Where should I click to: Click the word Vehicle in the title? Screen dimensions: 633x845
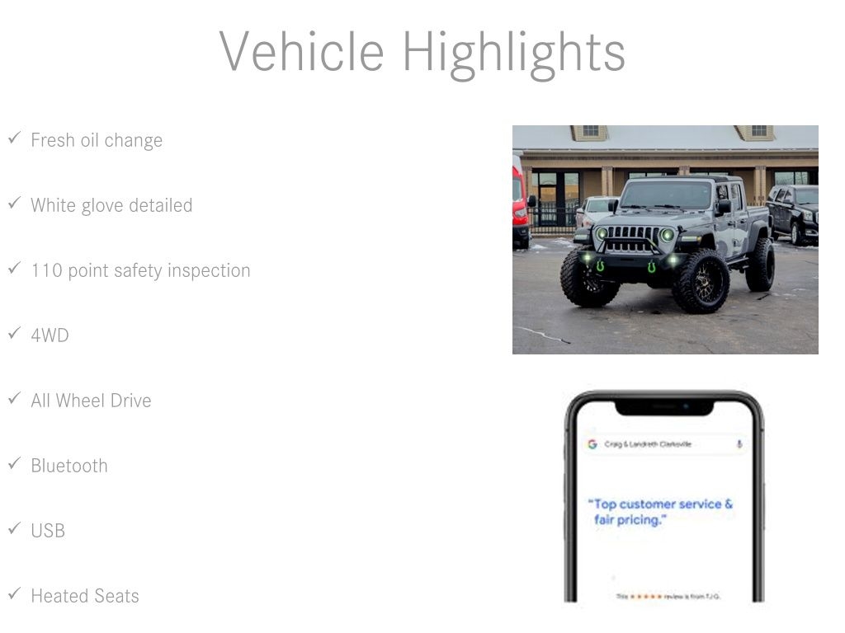click(301, 51)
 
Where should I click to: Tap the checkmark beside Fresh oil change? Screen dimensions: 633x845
click(14, 138)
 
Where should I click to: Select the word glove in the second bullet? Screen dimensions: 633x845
click(111, 205)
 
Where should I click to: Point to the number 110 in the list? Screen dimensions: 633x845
click(46, 270)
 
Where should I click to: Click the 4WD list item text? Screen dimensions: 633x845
click(50, 335)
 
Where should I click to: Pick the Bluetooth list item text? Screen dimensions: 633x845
click(69, 466)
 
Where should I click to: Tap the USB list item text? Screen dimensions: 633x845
click(48, 531)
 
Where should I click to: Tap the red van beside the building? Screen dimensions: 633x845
click(520, 202)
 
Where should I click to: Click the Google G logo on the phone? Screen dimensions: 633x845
click(592, 444)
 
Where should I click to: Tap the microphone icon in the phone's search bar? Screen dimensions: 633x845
click(739, 444)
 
